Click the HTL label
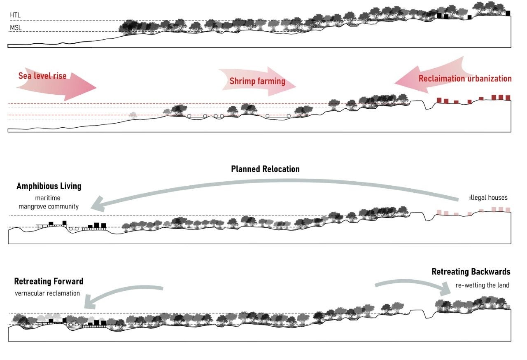[15, 15]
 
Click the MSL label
[16, 28]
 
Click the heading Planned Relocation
[265, 169]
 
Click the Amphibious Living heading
[49, 186]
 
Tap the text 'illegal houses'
[488, 198]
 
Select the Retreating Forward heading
[49, 282]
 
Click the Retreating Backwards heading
[471, 272]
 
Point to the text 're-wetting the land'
[483, 285]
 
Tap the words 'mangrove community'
[49, 206]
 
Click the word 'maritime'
[49, 198]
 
